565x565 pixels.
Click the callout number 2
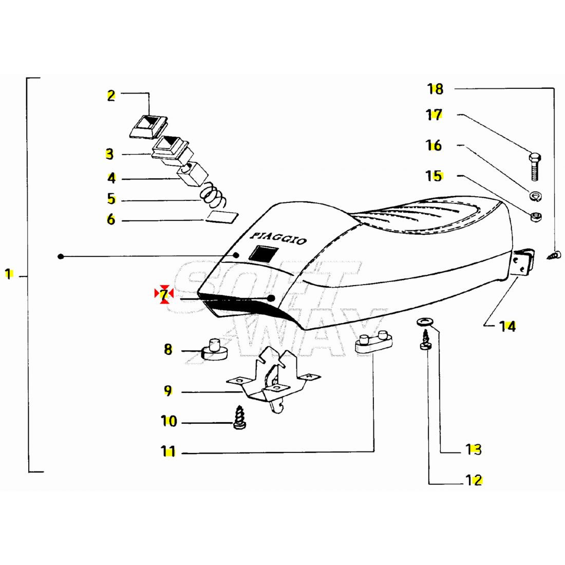(111, 96)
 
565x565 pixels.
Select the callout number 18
(435, 89)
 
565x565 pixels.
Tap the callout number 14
(507, 326)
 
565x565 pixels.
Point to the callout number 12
(474, 481)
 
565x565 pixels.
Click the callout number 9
(168, 391)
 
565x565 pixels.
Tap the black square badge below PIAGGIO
(263, 253)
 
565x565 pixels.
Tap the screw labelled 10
(238, 419)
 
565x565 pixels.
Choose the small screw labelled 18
(555, 254)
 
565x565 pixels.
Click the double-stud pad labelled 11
(373, 343)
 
